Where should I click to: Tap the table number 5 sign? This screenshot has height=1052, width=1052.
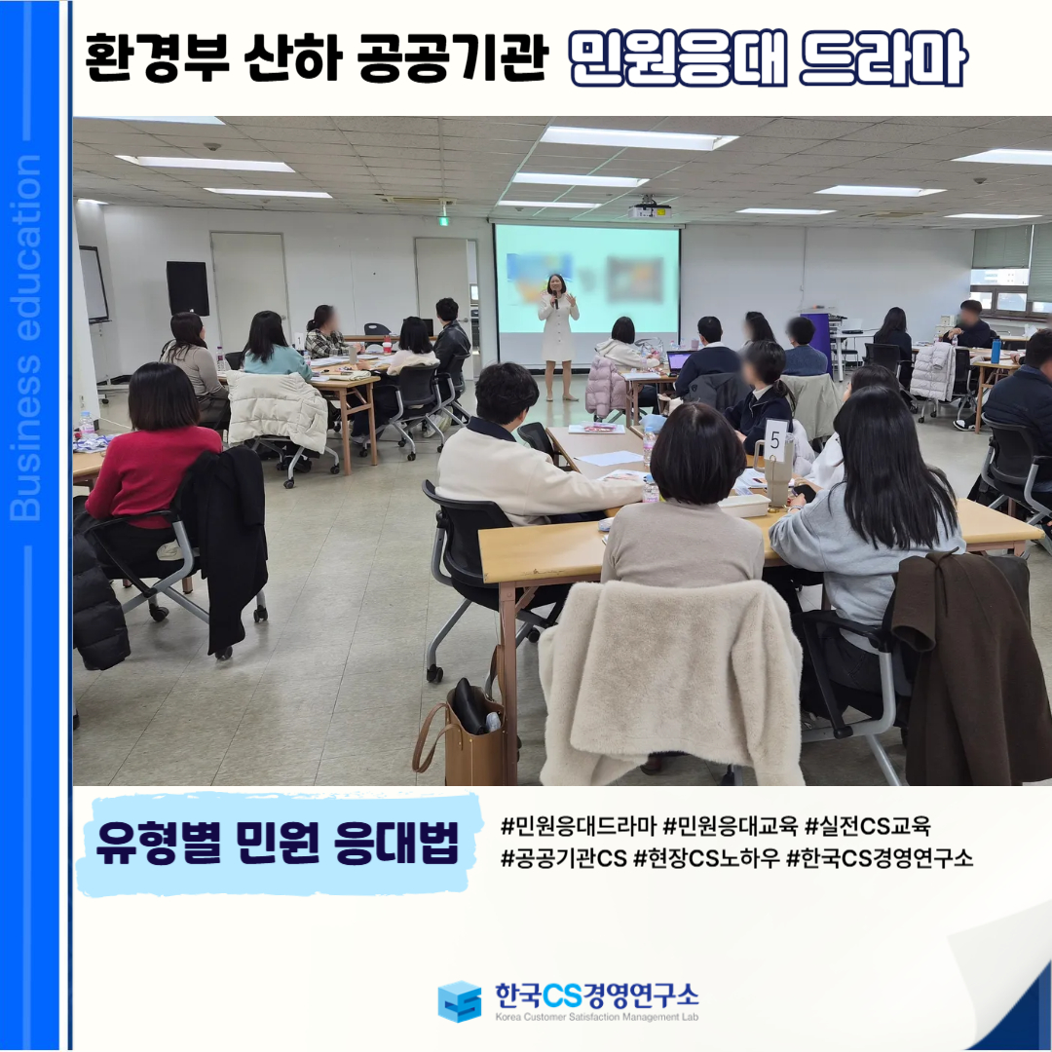775,440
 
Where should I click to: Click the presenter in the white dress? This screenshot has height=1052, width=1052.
558,336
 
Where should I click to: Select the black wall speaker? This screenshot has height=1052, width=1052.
188,287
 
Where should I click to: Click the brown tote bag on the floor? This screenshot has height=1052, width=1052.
462,734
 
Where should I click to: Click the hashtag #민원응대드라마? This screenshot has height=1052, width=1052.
578,826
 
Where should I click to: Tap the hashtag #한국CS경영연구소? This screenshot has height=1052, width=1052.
880,857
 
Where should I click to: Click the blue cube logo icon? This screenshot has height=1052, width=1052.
460,1001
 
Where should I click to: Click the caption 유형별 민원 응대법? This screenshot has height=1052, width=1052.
278,843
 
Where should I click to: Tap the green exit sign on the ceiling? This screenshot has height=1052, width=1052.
443,221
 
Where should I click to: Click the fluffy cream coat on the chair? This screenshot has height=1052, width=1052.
671,682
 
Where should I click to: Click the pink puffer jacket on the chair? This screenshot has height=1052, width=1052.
606,387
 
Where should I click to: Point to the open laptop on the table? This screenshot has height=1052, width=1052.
679,362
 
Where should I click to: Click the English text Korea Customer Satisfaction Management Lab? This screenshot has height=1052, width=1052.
596,1017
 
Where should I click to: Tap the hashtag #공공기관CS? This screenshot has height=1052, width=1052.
564,857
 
